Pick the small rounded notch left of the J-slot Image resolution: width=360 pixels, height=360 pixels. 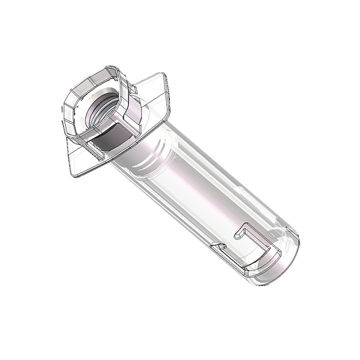point(217,246)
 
